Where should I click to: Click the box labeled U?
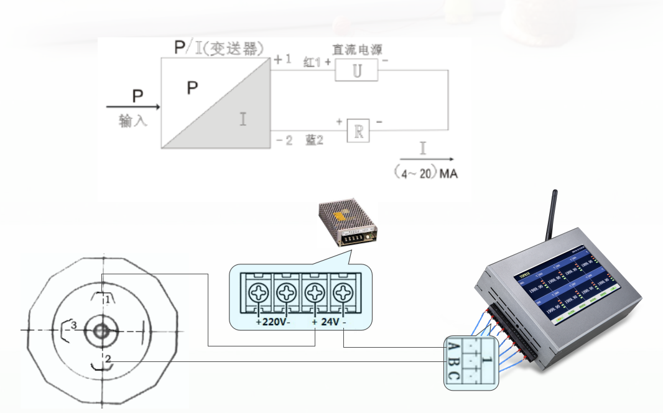356,71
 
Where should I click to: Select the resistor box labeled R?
358,130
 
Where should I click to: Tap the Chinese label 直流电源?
357,49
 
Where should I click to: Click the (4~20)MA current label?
427,174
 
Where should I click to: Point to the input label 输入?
132,121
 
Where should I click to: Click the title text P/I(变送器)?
220,48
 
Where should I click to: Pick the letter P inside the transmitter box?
192,88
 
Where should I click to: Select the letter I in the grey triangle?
243,118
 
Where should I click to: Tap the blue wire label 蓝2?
315,141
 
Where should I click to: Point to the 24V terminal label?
330,322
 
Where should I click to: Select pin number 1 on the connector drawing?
108,299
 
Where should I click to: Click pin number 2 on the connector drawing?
108,359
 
